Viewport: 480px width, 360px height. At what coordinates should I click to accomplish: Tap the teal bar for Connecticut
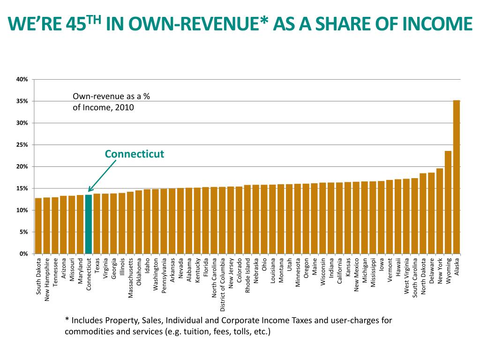(88, 225)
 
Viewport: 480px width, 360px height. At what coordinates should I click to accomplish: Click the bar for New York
(440, 211)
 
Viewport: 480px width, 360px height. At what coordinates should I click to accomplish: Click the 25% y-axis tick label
(22, 145)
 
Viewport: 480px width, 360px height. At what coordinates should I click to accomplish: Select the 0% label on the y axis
(23, 254)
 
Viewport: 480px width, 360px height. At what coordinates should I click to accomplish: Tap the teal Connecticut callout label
(134, 154)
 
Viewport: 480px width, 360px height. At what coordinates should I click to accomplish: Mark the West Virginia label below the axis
(406, 276)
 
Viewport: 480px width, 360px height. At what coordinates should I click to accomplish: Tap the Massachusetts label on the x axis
(131, 278)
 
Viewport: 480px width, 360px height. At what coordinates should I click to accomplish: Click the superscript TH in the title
(96, 19)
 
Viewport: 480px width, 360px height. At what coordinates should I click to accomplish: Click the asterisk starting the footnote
(67, 321)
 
